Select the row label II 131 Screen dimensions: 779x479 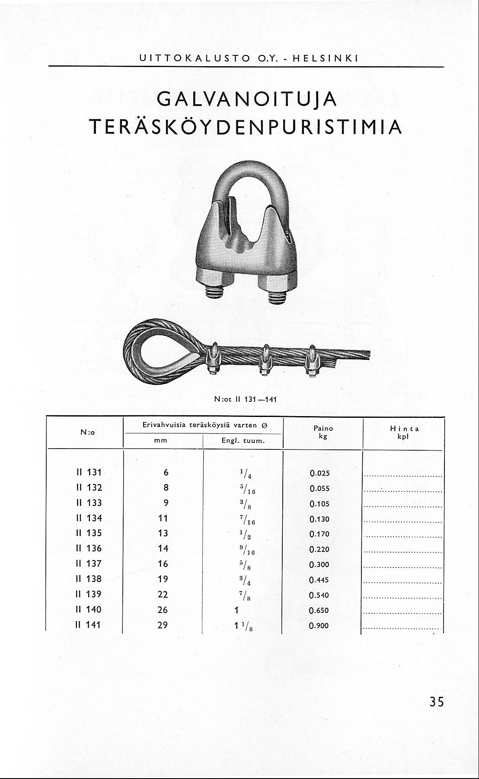click(x=89, y=472)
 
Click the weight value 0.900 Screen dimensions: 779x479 click(x=319, y=625)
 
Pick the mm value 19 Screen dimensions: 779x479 click(x=163, y=579)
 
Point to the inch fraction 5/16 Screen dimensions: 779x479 click(x=237, y=489)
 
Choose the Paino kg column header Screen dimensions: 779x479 click(x=323, y=432)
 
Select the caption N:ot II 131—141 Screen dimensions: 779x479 click(x=246, y=399)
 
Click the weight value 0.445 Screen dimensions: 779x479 click(x=319, y=580)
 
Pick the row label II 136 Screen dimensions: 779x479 click(x=89, y=548)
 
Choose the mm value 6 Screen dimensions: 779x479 click(x=166, y=473)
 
